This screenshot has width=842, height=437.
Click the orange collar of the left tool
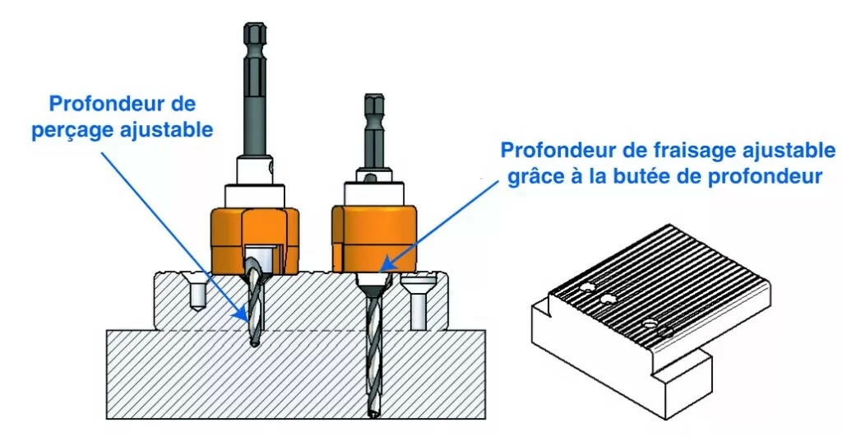click(x=254, y=239)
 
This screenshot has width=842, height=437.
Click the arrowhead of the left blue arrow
click(x=243, y=317)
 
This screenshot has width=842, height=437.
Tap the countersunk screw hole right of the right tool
click(x=418, y=302)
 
